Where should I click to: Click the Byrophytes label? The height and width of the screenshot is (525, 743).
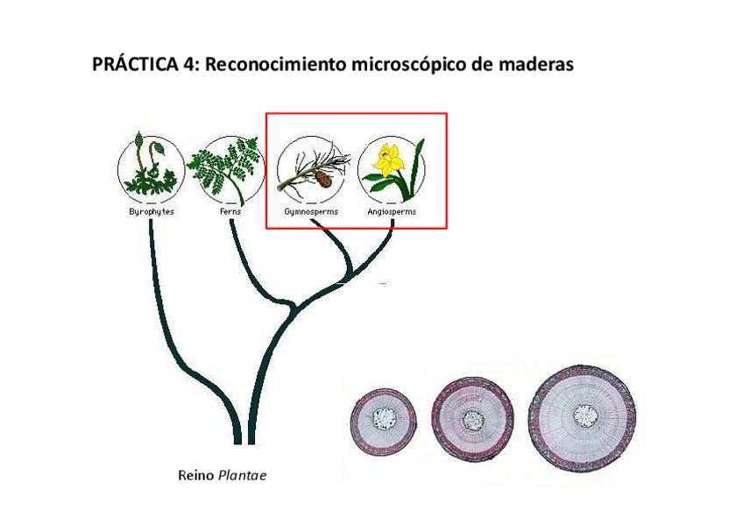152,212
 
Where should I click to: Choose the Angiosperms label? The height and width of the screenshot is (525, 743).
392,212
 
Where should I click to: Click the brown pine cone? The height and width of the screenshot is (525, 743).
323,178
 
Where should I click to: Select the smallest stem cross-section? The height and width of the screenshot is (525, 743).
383,418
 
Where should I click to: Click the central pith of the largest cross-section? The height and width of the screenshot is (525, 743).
583,413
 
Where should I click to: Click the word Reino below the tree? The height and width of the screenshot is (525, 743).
195,476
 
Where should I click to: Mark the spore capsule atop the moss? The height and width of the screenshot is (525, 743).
140,139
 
